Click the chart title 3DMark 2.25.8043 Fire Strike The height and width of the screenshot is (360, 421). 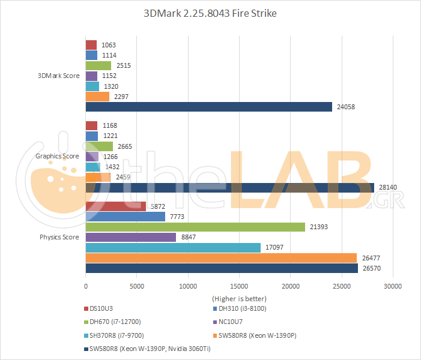[210, 13]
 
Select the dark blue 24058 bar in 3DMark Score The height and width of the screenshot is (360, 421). [209, 107]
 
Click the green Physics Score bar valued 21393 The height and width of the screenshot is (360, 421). [195, 226]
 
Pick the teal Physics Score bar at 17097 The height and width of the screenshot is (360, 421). [173, 248]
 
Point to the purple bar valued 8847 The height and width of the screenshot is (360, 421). [131, 237]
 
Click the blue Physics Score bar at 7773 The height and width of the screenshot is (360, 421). [126, 217]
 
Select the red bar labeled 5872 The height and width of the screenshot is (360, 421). [116, 206]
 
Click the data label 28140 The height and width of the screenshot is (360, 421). [387, 188]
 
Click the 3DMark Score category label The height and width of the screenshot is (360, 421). [59, 76]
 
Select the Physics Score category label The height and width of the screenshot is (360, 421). [59, 237]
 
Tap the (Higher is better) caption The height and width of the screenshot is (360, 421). [239, 298]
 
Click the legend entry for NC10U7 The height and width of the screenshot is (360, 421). [232, 322]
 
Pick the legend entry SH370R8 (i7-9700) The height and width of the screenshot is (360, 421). [117, 335]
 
